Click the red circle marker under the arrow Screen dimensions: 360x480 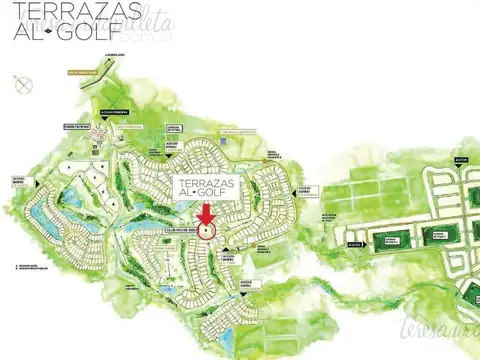(x=207, y=230)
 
